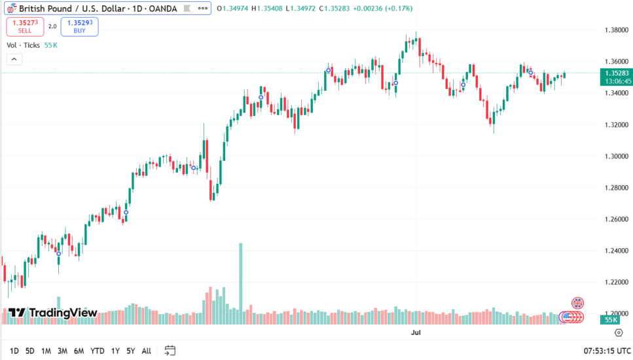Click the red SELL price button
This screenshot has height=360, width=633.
pos(25,26)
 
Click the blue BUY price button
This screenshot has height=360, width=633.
pos(79,26)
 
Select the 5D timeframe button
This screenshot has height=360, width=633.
pos(30,351)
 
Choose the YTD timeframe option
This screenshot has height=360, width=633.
pos(98,351)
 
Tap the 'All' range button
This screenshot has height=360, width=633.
pos(146,351)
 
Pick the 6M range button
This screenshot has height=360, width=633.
pos(79,351)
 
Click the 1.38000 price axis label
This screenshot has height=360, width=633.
pos(616,30)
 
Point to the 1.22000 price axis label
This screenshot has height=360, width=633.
pos(616,282)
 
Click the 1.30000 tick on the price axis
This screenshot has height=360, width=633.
pos(616,156)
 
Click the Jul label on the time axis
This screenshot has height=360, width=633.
pos(415,333)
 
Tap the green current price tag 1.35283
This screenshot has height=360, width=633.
pos(617,73)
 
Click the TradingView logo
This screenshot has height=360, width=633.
pos(53,313)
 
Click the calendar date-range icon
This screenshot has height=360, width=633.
pos(170,350)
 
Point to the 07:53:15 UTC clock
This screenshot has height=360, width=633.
pos(606,351)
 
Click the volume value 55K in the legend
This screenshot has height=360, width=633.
pos(51,45)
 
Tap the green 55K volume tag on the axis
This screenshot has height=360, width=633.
pos(611,319)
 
